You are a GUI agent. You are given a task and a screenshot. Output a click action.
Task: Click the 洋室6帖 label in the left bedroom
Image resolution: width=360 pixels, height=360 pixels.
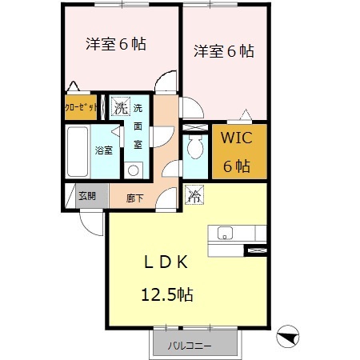116,44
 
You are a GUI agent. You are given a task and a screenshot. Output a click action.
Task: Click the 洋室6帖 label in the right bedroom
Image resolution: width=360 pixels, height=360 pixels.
224,51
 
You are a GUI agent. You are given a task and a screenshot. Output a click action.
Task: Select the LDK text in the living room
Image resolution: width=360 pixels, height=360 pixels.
166,262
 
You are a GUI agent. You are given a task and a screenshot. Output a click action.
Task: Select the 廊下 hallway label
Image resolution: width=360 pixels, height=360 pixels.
135,197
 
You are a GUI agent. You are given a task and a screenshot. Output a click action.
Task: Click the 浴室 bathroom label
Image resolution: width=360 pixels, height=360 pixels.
105,150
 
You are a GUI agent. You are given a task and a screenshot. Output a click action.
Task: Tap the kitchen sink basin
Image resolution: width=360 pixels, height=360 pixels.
225,234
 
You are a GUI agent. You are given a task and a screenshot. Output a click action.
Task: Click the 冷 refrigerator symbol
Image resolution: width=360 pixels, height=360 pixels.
194,194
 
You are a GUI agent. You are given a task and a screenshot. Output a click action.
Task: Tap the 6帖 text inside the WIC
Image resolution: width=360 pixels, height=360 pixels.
238,166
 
